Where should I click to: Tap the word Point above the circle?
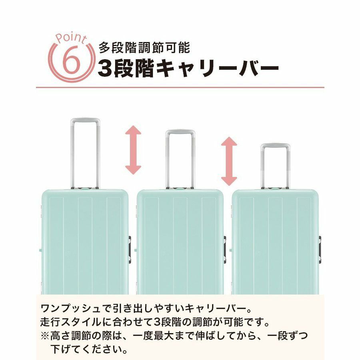[71, 39]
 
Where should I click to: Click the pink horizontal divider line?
[180, 88]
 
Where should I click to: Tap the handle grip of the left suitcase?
[85, 121]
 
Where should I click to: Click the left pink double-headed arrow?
[133, 150]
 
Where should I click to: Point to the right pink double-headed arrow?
[229, 161]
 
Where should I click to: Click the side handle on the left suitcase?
[130, 249]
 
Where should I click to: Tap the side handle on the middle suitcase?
[225, 249]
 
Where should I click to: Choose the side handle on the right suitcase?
[320, 249]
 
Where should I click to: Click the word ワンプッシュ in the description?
[71, 308]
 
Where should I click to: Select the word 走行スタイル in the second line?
[71, 322]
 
